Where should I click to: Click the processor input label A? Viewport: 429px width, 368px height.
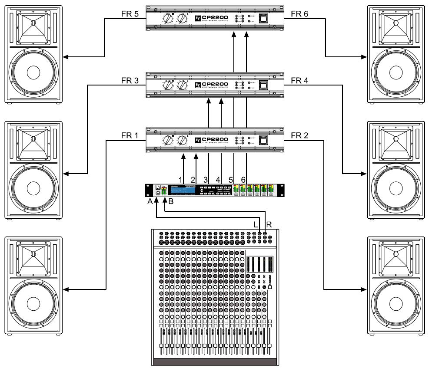coord(150,201)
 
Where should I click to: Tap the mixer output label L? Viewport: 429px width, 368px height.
coord(256,225)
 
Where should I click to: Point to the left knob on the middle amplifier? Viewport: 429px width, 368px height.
coord(166,85)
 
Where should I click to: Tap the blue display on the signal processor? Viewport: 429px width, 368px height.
coord(182,191)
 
